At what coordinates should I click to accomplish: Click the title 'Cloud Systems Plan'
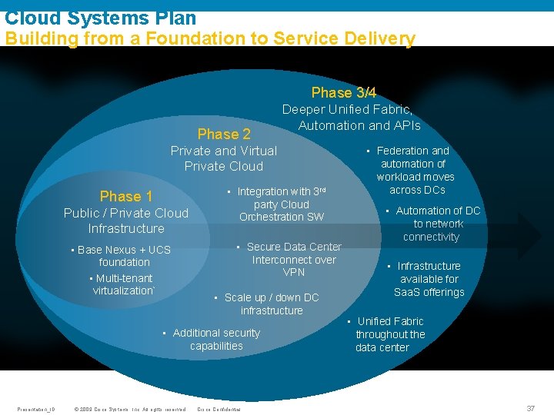(x=101, y=17)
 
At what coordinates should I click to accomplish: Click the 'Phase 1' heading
(x=126, y=196)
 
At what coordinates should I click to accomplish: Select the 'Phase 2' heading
(x=224, y=134)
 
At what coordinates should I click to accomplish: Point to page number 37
(x=530, y=408)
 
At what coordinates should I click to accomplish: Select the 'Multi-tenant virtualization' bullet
(x=123, y=284)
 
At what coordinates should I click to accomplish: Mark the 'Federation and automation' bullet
(x=415, y=170)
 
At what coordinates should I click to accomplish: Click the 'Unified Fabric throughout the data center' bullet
(x=389, y=334)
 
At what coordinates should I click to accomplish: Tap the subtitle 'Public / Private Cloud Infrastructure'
(x=126, y=221)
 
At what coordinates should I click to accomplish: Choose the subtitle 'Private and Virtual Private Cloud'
(x=224, y=158)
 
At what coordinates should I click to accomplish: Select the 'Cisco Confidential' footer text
(x=219, y=409)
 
